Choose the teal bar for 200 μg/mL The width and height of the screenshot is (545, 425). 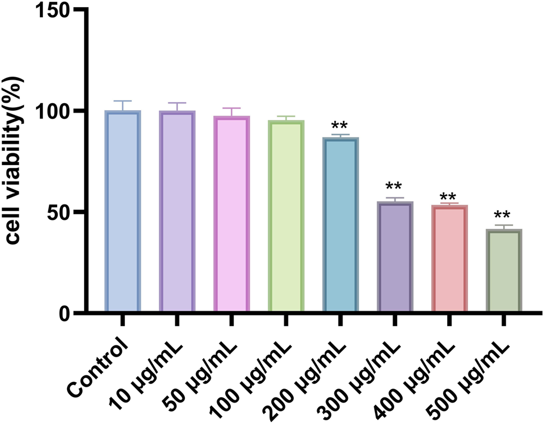tap(340, 224)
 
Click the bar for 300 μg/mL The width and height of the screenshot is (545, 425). tap(395, 256)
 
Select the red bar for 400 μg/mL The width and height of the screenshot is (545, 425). tap(450, 258)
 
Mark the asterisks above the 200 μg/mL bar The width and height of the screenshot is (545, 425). tap(340, 126)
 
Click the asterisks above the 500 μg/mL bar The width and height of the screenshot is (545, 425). tap(503, 216)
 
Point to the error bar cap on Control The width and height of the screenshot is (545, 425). tap(122, 101)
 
